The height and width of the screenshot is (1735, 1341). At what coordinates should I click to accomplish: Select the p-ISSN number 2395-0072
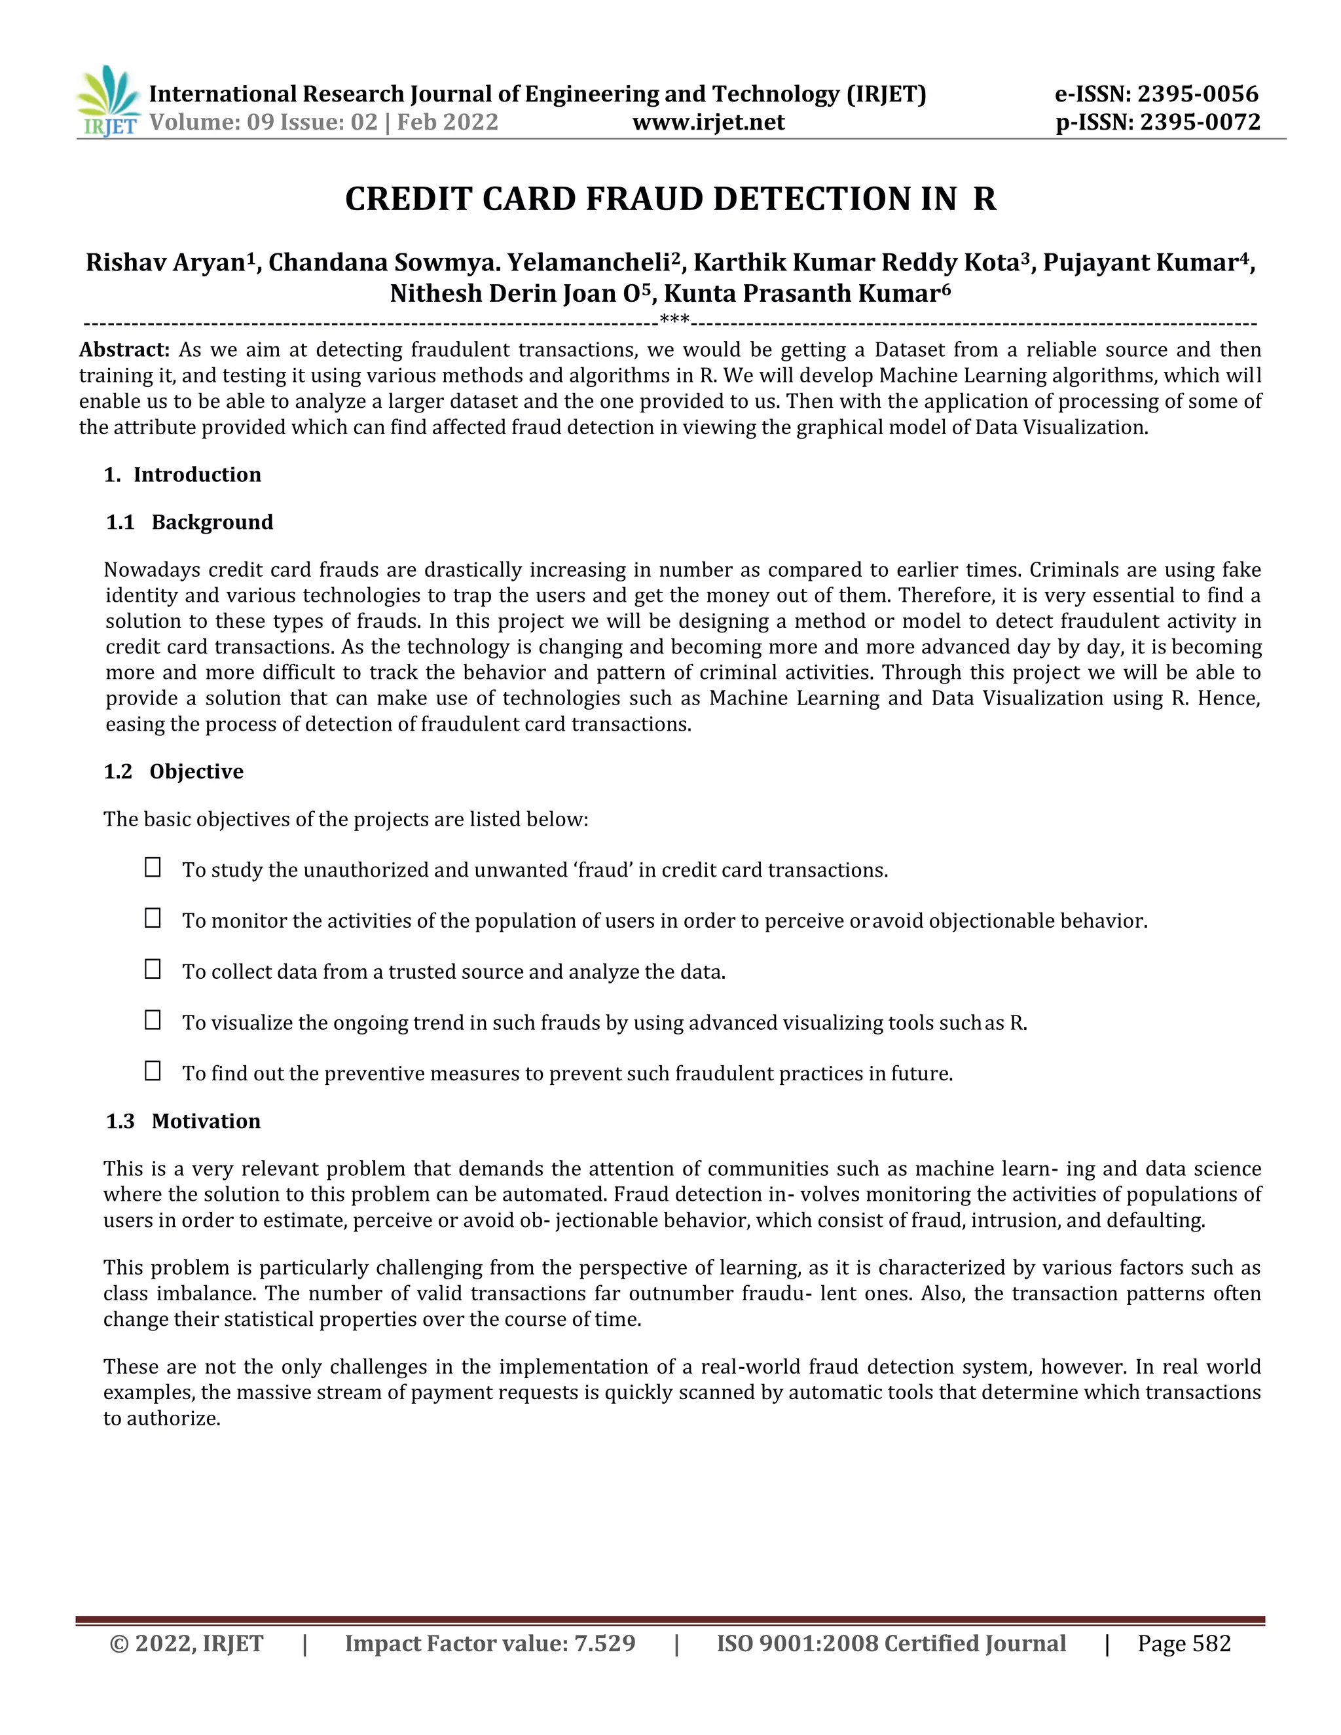(x=1200, y=122)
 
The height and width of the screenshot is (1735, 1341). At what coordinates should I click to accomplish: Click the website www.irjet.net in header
(x=708, y=122)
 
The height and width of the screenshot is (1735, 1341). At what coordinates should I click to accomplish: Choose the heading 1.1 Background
(x=190, y=522)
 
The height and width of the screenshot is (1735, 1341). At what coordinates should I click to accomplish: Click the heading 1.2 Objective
(x=174, y=771)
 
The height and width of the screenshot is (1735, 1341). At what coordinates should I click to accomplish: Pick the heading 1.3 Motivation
(x=183, y=1121)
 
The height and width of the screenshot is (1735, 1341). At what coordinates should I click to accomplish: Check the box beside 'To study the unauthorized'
(x=153, y=867)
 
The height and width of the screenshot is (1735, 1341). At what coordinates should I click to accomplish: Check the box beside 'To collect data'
(x=153, y=969)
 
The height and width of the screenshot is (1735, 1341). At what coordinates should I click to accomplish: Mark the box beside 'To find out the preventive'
(x=153, y=1071)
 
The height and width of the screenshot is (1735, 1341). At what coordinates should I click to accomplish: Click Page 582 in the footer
(x=1184, y=1643)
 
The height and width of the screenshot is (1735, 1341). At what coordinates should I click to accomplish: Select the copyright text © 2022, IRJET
(x=186, y=1643)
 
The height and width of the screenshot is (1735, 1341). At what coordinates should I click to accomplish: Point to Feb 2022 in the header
(x=447, y=122)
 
